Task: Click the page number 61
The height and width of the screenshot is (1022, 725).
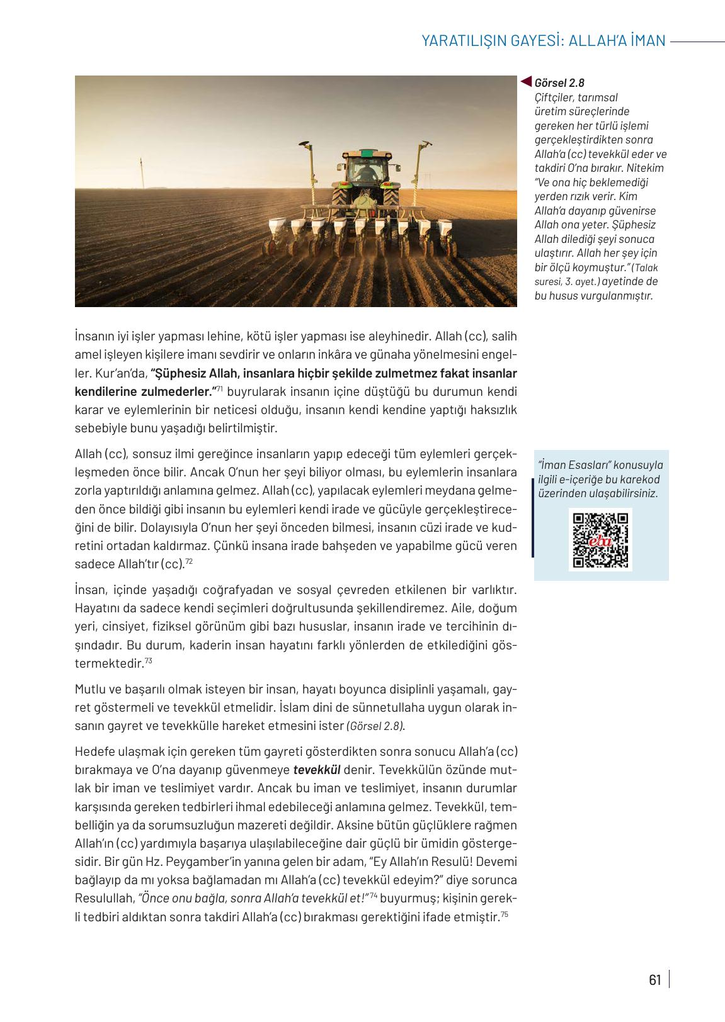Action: (654, 980)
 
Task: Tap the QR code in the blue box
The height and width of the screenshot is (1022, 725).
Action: (600, 539)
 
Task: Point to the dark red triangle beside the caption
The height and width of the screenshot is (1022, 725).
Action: (526, 82)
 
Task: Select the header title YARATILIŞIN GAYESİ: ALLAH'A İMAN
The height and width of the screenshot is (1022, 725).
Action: (543, 42)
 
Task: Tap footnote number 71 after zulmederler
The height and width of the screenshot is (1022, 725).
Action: (220, 390)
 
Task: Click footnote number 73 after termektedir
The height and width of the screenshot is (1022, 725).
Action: (149, 661)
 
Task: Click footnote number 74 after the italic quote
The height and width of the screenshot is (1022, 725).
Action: (374, 896)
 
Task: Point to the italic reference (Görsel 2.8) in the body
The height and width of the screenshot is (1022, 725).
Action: (376, 726)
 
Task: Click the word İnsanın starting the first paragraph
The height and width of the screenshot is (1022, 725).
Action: (94, 337)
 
